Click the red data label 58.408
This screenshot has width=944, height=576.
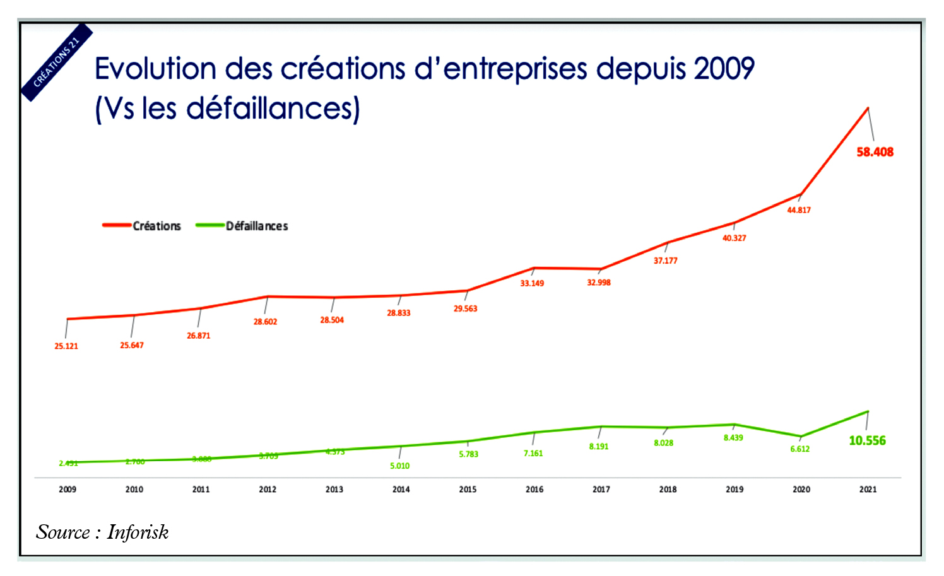coord(875,152)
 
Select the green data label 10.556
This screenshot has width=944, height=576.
coord(867,440)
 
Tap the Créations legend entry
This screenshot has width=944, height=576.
coord(142,226)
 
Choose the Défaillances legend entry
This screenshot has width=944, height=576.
coord(242,226)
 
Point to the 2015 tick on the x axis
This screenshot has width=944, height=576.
coord(468,489)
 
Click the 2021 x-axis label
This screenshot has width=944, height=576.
coord(868,489)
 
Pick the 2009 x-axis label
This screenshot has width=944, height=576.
coord(68,489)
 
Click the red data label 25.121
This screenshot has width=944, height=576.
coord(66,346)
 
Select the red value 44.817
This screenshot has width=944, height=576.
coord(799,210)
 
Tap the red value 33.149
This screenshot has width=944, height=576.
coord(532,283)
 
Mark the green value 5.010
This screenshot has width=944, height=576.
coord(399,466)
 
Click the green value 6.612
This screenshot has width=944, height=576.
coord(799,449)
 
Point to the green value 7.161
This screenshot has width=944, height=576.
coord(533,453)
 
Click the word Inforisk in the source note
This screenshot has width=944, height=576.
coord(138,532)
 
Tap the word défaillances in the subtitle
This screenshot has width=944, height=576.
coord(271,108)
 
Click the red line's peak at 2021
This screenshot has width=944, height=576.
coord(868,108)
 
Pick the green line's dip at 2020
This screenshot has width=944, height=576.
coord(801,436)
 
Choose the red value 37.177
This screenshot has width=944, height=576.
coord(665,261)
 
